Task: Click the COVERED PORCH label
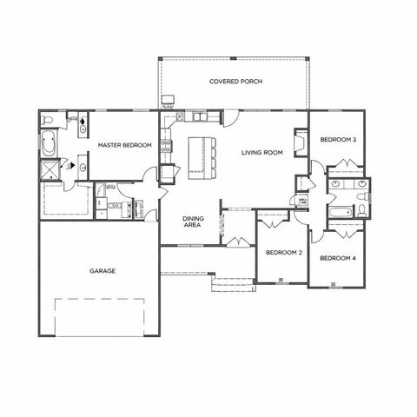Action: click(x=235, y=82)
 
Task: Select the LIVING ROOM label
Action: click(x=262, y=153)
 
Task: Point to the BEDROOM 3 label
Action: click(x=337, y=140)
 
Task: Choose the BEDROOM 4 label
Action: click(x=337, y=258)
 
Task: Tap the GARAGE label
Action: click(x=102, y=270)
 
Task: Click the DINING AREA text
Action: click(x=193, y=222)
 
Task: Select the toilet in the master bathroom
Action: click(x=50, y=117)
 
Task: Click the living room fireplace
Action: click(x=301, y=142)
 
